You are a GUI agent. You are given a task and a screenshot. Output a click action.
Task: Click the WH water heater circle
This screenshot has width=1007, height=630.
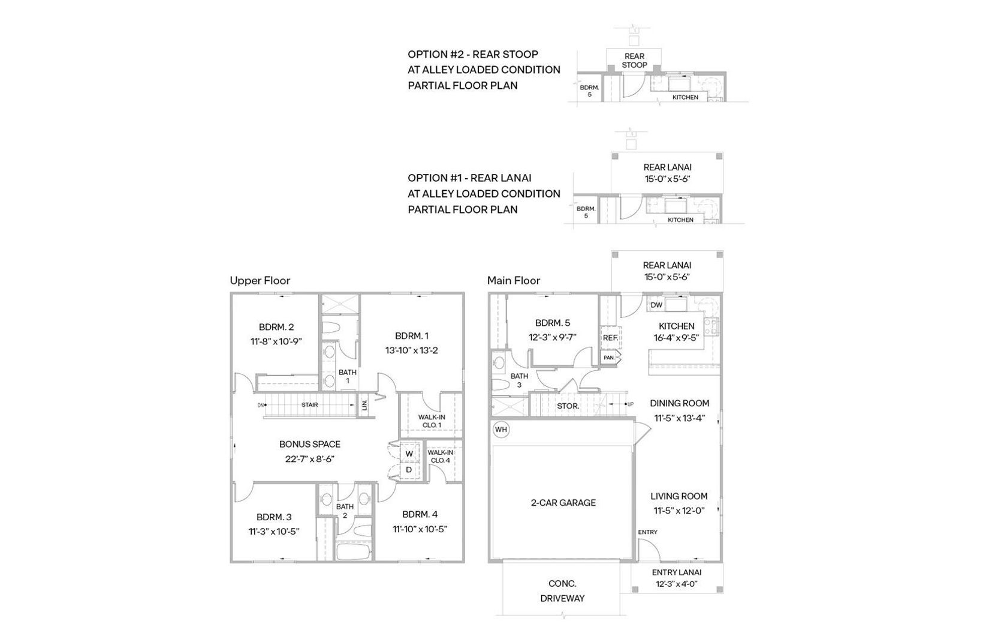pos(501,430)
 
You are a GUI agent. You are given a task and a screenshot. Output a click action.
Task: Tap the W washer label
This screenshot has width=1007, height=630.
pos(409,454)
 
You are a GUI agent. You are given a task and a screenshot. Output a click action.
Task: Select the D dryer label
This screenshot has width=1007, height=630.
pos(409,469)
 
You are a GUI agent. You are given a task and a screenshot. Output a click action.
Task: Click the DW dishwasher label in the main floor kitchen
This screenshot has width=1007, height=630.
pos(656,305)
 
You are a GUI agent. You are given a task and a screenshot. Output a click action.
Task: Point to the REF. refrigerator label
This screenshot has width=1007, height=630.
pos(610,337)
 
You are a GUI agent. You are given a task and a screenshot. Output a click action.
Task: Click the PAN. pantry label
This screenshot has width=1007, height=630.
pos(609,358)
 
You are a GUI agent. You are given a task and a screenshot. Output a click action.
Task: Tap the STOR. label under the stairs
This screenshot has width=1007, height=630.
pos(568,406)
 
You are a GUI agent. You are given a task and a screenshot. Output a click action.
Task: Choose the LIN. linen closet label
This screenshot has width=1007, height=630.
pos(364,405)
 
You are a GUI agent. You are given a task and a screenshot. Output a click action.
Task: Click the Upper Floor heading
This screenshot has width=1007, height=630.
pos(260,280)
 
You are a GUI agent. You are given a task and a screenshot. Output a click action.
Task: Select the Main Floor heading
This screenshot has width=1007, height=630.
pos(513,280)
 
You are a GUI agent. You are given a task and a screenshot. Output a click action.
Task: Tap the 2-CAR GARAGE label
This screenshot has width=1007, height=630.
pos(563,503)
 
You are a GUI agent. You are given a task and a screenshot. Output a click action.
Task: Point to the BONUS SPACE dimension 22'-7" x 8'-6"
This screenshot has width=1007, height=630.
pos(310,459)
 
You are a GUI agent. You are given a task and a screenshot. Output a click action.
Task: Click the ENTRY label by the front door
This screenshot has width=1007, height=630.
pos(647,532)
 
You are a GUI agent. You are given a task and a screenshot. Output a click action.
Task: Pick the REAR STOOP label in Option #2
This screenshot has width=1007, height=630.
pos(634,60)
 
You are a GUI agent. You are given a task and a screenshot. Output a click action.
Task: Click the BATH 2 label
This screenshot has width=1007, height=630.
pos(345,511)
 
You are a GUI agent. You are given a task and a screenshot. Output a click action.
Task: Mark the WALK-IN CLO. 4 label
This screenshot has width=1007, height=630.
pos(440,456)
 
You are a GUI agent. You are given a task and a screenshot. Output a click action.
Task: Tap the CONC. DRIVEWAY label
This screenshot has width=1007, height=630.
pos(562,591)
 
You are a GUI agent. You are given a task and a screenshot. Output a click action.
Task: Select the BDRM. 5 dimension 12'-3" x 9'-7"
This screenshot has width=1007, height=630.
pos(553,337)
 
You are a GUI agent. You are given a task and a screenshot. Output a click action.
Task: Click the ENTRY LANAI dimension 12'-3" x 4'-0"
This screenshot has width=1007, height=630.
pos(677,584)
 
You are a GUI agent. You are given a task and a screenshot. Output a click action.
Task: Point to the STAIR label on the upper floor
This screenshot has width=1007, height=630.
pos(310,405)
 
